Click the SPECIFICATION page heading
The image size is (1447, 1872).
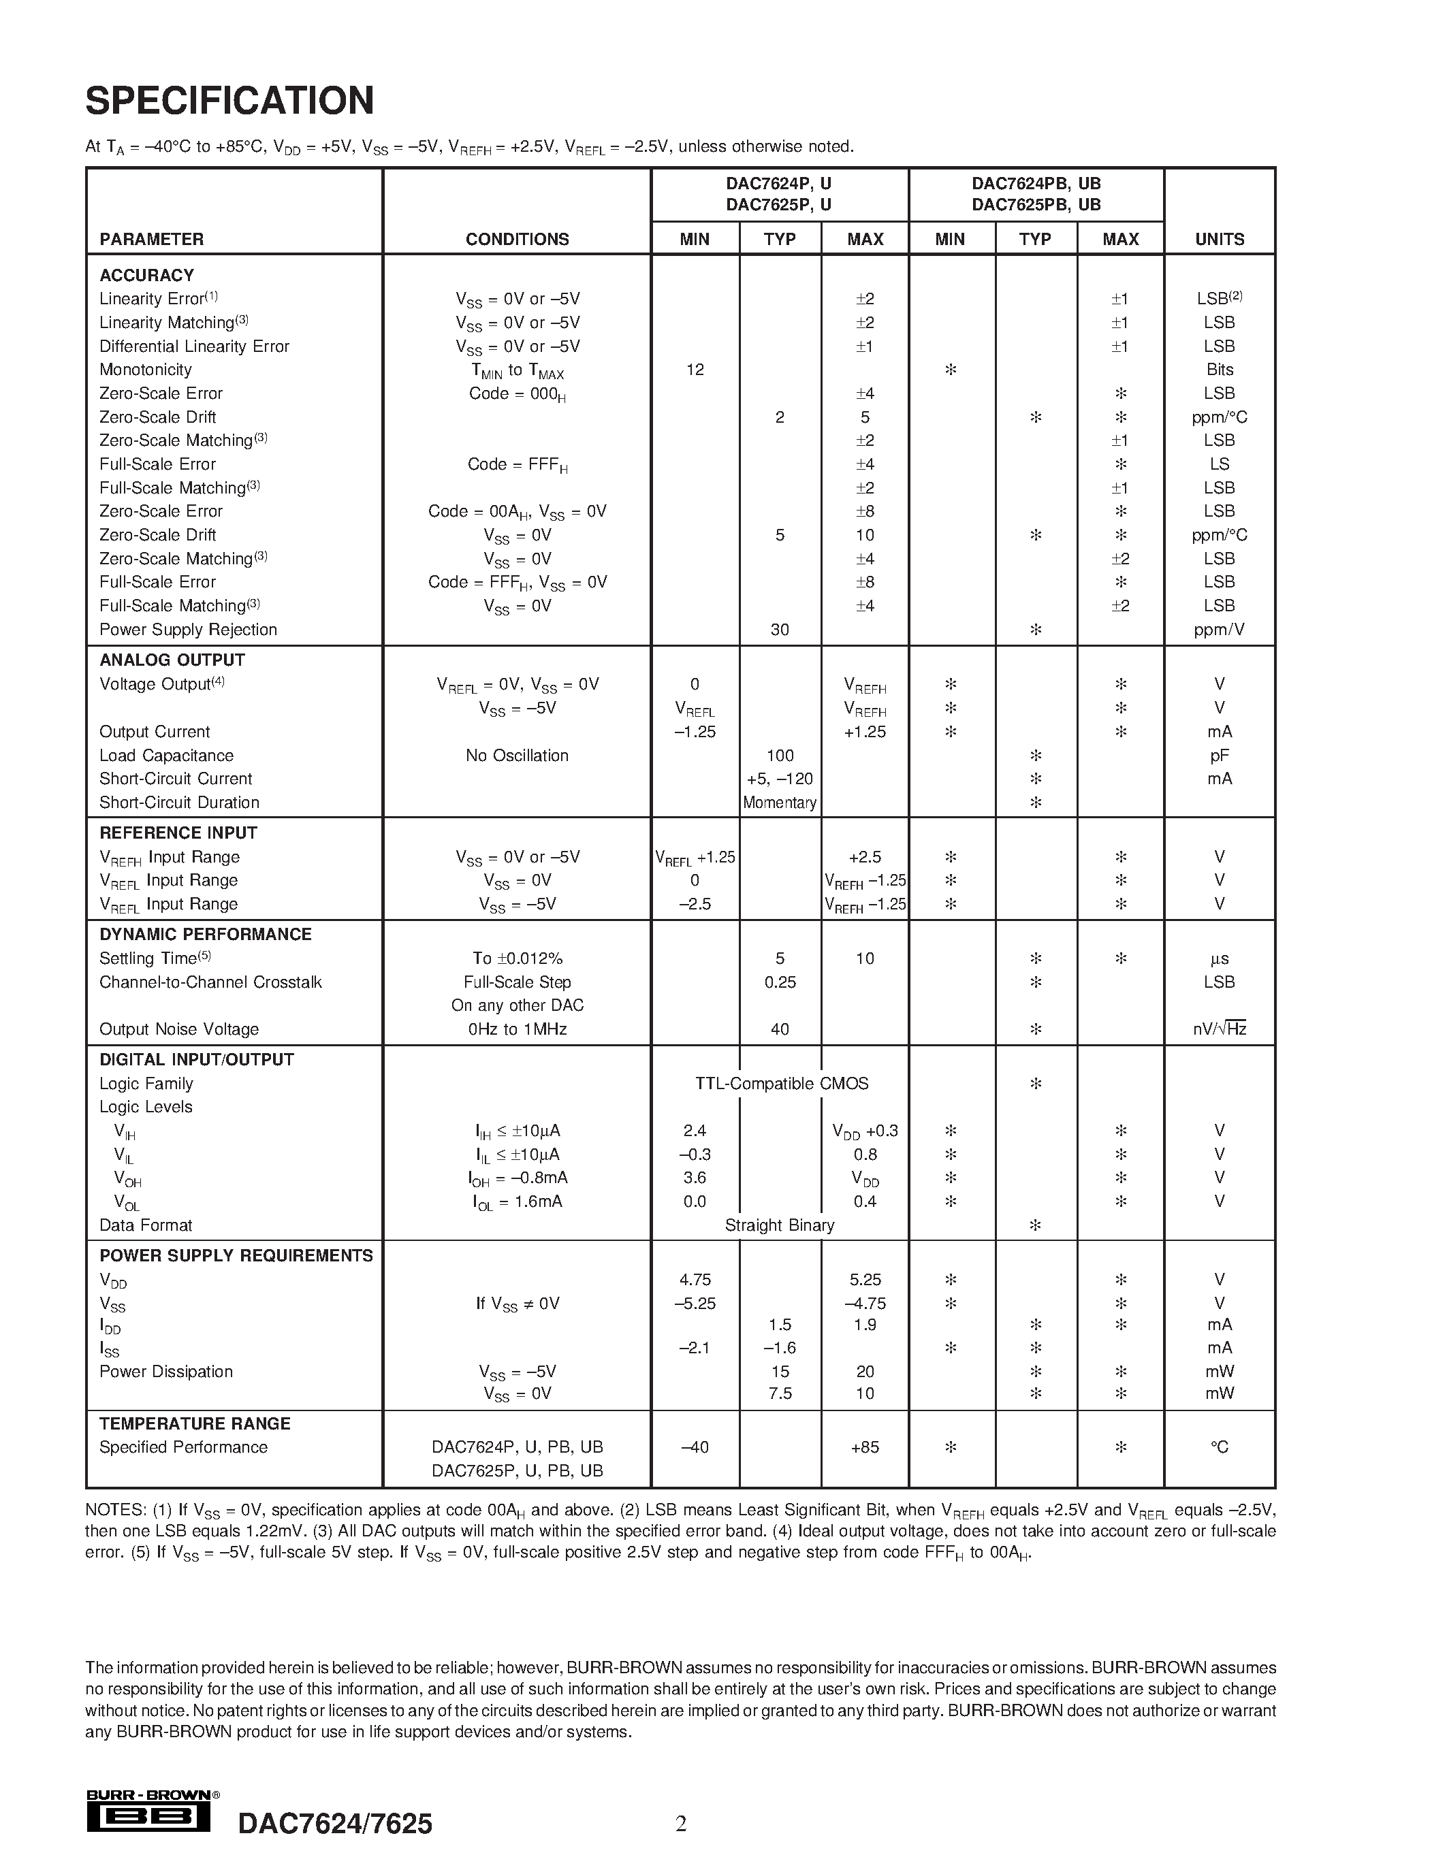(x=229, y=101)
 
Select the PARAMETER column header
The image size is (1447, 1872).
(x=152, y=239)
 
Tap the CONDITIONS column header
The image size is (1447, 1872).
(x=517, y=239)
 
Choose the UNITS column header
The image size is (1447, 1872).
(x=1219, y=239)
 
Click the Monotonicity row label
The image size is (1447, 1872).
(x=146, y=370)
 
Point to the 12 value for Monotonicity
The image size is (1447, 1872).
(x=695, y=370)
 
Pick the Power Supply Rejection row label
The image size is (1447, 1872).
(x=189, y=629)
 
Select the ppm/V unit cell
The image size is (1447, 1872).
(x=1219, y=629)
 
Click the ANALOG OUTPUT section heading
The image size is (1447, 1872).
(x=172, y=660)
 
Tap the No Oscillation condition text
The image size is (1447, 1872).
(x=517, y=755)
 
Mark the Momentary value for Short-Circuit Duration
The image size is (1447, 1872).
(x=779, y=803)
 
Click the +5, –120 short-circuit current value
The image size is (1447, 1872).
(x=779, y=778)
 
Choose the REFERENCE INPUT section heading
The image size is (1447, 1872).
(x=178, y=833)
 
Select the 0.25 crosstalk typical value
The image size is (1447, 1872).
(x=779, y=982)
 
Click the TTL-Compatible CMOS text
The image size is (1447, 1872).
(x=782, y=1084)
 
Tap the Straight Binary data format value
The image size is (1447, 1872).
(x=779, y=1225)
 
